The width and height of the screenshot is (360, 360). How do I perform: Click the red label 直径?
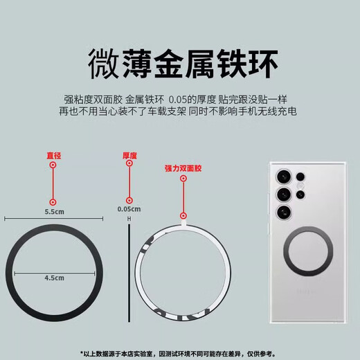click(x=54, y=156)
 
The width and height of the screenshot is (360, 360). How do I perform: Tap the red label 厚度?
click(x=130, y=156)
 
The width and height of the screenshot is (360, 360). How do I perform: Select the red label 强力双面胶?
click(x=182, y=168)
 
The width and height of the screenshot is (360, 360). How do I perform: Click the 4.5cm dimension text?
click(x=54, y=278)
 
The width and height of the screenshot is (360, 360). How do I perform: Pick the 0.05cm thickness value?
click(x=129, y=209)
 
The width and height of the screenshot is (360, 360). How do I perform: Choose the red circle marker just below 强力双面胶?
click(x=183, y=179)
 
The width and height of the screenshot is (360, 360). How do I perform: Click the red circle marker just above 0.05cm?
click(x=129, y=199)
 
